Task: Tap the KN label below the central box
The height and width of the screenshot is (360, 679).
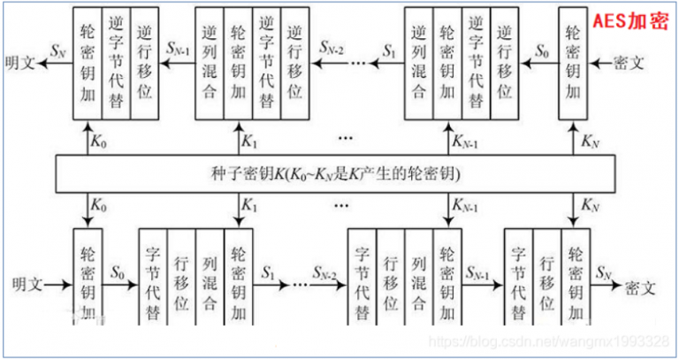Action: click(588, 207)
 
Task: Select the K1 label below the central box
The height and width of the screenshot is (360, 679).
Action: click(253, 207)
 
